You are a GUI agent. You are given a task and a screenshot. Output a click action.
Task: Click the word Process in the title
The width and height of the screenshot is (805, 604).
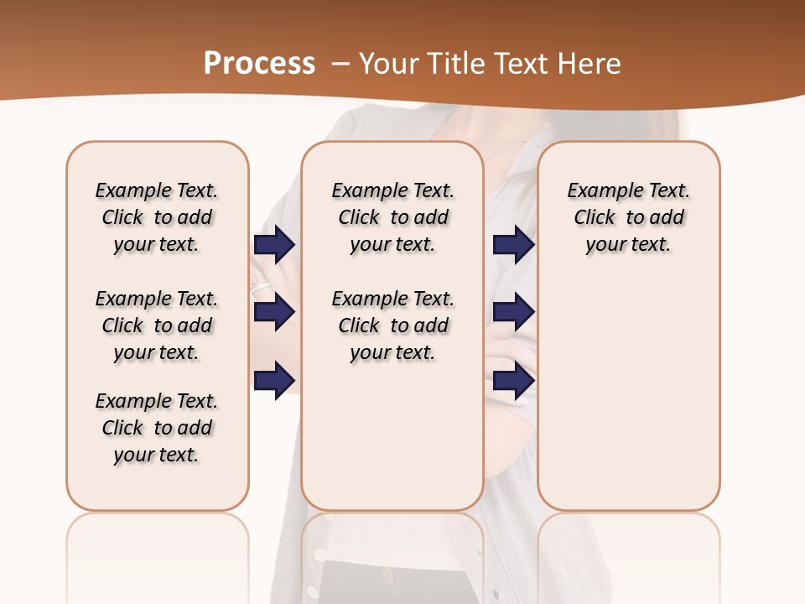pyautogui.click(x=259, y=63)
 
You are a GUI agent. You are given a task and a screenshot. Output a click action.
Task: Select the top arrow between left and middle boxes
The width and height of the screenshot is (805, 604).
pyautogui.click(x=274, y=245)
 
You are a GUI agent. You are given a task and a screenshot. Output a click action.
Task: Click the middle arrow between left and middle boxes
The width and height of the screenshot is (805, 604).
pyautogui.click(x=274, y=312)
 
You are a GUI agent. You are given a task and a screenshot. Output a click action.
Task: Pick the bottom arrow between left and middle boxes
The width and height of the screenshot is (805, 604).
pyautogui.click(x=274, y=380)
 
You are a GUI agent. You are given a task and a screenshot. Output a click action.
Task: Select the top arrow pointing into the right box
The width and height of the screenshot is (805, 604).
pyautogui.click(x=513, y=245)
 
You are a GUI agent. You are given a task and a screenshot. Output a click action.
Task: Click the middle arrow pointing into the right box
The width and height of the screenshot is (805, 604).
pyautogui.click(x=513, y=312)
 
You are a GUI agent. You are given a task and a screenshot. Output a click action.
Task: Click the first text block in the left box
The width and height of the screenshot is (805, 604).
pyautogui.click(x=157, y=217)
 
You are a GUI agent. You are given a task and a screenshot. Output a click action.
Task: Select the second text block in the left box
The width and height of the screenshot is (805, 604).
pyautogui.click(x=157, y=325)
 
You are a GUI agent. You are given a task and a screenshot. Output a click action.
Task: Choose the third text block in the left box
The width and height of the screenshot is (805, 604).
pyautogui.click(x=157, y=428)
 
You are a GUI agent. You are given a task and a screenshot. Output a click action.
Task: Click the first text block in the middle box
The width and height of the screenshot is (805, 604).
pyautogui.click(x=392, y=217)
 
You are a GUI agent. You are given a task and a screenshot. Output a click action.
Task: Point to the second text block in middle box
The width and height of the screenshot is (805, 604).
pyautogui.click(x=392, y=325)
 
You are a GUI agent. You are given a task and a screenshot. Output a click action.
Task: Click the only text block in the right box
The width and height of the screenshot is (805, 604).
pyautogui.click(x=628, y=217)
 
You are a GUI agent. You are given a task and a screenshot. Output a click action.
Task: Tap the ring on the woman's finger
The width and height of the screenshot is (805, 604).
pyautogui.click(x=261, y=287)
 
